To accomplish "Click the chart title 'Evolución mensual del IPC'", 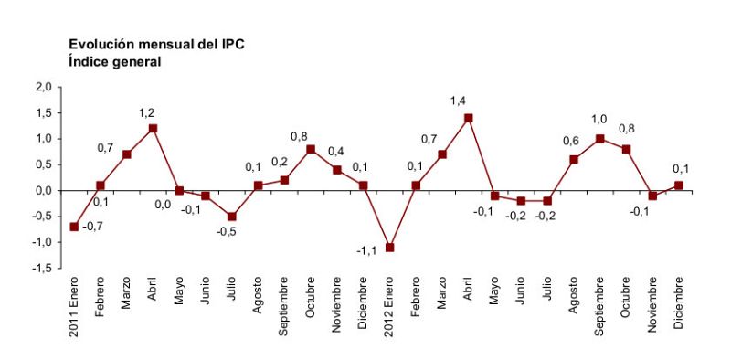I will pyautogui.click(x=156, y=44).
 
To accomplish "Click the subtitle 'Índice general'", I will pyautogui.click(x=114, y=62).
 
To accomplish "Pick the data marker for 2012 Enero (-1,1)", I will pyautogui.click(x=390, y=248).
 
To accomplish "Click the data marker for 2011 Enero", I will pyautogui.click(x=74, y=227).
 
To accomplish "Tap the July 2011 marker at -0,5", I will pyautogui.click(x=232, y=217).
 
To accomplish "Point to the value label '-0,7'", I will pyautogui.click(x=93, y=227).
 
